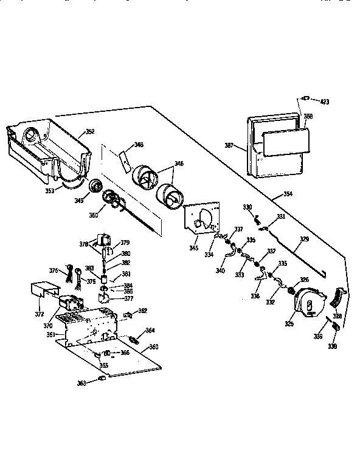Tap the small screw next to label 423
click(x=307, y=98)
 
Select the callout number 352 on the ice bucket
click(x=90, y=131)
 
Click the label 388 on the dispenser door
click(x=308, y=117)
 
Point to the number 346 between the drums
click(x=179, y=164)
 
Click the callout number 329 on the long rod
click(x=304, y=240)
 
